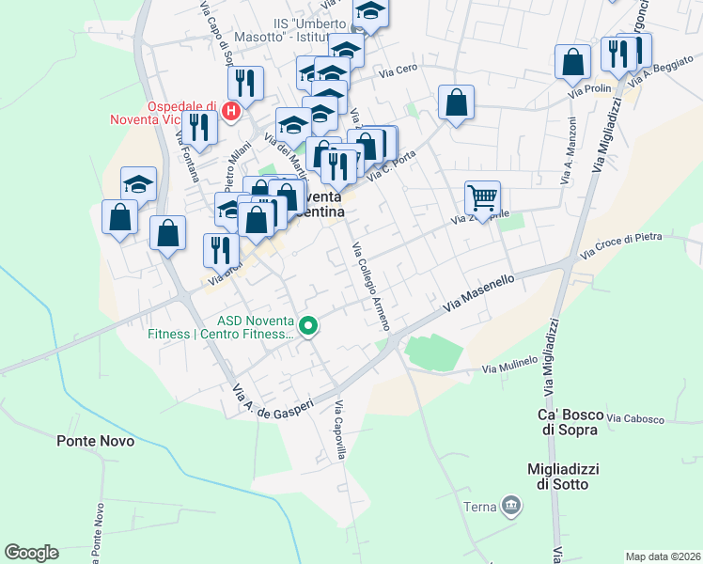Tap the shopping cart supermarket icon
tap(482, 198)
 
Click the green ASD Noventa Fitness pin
tap(309, 327)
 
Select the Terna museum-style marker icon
tap(510, 506)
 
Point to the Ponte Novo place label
tap(95, 440)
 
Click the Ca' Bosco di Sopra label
tap(568, 422)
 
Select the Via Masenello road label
tap(479, 292)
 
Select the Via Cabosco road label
tap(635, 418)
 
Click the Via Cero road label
tap(398, 70)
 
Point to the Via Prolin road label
tap(589, 89)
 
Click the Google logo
tap(31, 553)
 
